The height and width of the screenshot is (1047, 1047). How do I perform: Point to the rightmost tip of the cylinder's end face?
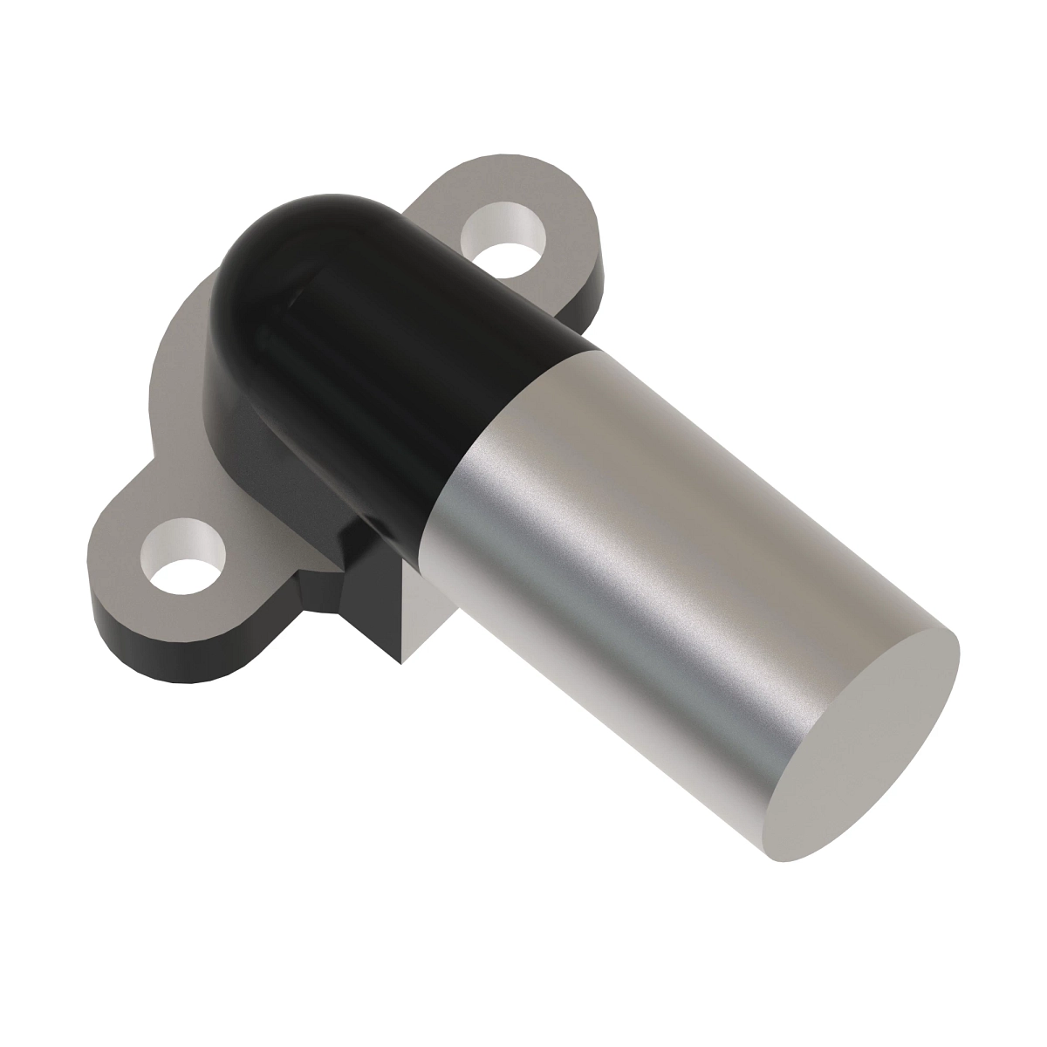(959, 650)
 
